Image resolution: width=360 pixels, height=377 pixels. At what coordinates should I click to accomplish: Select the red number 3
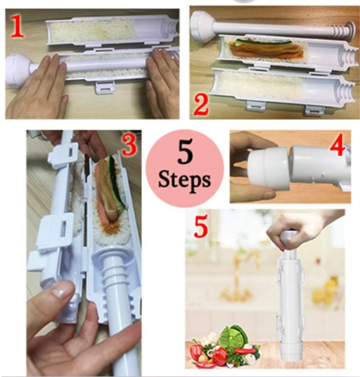point(130,144)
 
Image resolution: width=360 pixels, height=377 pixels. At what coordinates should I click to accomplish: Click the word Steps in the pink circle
point(184,180)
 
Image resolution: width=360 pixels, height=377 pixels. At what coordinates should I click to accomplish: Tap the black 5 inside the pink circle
point(185,151)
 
